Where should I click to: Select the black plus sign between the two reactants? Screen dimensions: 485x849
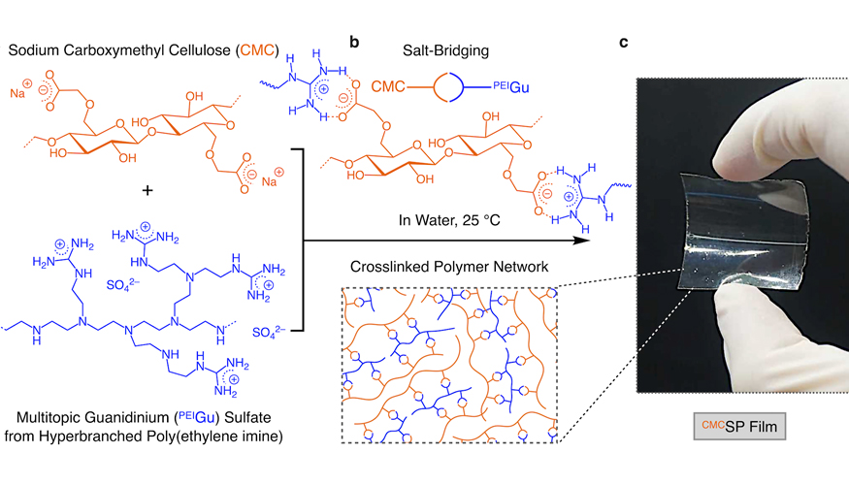pos(147,191)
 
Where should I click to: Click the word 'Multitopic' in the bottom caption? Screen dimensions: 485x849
pos(50,418)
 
